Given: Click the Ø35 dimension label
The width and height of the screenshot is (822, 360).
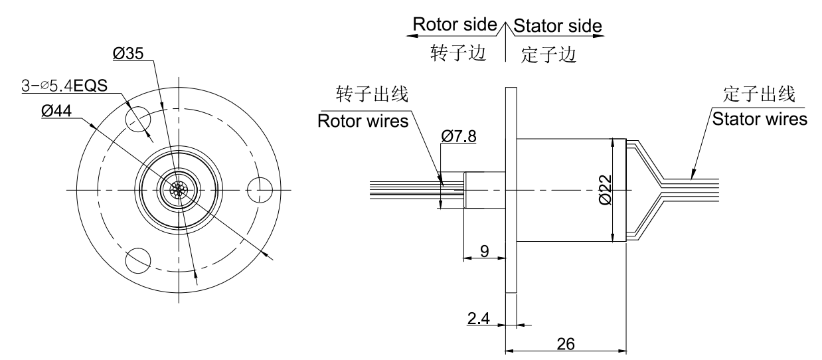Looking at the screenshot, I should click(128, 54).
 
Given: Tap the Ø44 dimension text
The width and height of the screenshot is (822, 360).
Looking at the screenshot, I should click(56, 112).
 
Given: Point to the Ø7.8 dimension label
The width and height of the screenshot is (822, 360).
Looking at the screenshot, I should click(458, 137).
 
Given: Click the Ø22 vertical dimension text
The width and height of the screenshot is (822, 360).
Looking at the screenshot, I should click(604, 190).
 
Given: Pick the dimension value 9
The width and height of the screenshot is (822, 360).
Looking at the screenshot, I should click(484, 251).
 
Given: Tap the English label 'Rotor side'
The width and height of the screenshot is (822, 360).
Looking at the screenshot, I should click(455, 24).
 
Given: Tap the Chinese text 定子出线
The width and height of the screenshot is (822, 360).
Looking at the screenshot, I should click(760, 94).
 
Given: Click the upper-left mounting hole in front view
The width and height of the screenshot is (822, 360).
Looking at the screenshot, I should click(137, 119).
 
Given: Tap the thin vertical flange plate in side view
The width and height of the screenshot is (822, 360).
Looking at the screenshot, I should click(511, 190).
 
